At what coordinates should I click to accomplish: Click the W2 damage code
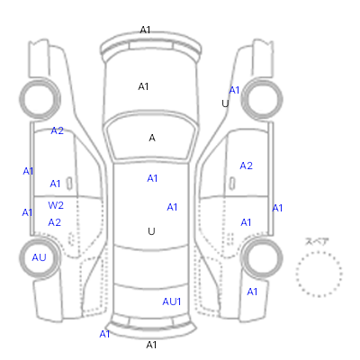pos(56,205)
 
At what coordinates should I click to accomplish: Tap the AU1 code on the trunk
pos(172,301)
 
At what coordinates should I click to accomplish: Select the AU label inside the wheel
pos(39,257)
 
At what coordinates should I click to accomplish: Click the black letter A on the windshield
pos(152,138)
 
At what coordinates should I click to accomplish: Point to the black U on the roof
pos(151,231)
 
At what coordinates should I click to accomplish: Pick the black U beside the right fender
pos(225,103)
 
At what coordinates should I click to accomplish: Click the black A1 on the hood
pos(143,86)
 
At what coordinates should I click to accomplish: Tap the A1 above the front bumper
pos(145,30)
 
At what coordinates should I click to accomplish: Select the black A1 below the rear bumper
pos(151,345)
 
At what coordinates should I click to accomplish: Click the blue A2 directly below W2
pos(55,222)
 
